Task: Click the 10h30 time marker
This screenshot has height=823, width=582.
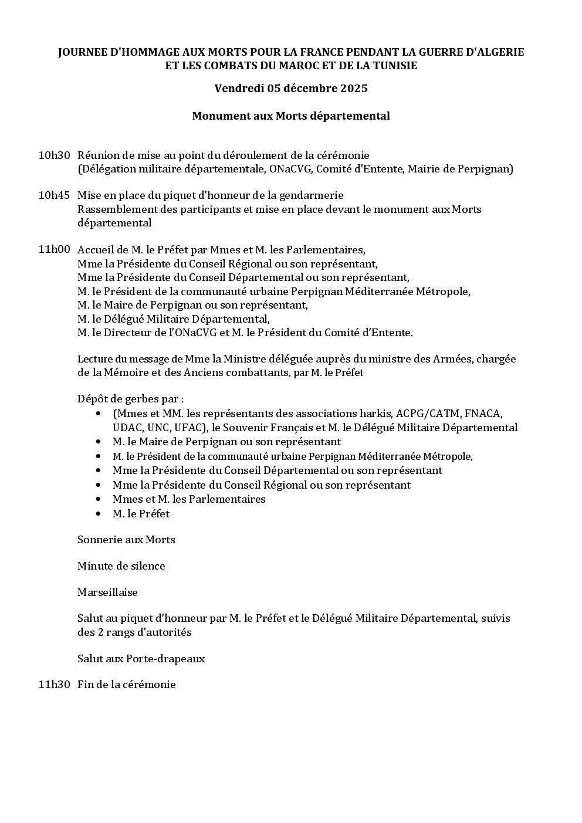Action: point(54,155)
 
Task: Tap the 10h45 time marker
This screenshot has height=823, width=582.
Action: point(54,195)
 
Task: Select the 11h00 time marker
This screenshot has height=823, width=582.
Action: point(54,249)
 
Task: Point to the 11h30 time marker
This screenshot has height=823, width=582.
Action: point(54,685)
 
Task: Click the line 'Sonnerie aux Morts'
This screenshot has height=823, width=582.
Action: point(126,540)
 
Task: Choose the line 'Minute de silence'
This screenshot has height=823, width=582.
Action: point(121,566)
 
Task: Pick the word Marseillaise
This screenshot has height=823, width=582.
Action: point(107,592)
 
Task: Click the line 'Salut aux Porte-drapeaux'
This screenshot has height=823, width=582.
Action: point(141,659)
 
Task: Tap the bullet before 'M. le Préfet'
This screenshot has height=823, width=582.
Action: point(98,514)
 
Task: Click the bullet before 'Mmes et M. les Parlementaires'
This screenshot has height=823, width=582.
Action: point(98,499)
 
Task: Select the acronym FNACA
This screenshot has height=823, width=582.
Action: point(483,414)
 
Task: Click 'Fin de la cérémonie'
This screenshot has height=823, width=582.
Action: point(127,685)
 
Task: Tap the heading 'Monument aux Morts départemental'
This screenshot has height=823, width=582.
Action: point(291,116)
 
